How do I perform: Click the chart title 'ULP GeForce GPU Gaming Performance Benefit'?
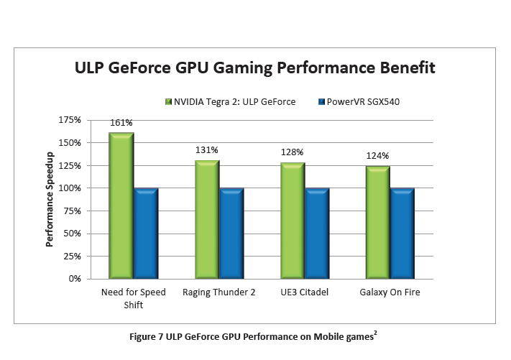(255, 69)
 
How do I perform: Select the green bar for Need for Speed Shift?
(121, 205)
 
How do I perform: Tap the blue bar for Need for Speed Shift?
(146, 233)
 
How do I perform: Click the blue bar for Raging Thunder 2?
(231, 233)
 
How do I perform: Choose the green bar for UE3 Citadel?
(293, 221)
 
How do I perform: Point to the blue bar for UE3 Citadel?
(317, 233)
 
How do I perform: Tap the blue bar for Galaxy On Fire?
(402, 233)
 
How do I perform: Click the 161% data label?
(121, 123)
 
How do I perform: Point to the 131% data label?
(206, 150)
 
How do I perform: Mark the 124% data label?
(377, 156)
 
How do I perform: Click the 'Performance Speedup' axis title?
(50, 199)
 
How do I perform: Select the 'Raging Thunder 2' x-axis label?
(219, 292)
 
